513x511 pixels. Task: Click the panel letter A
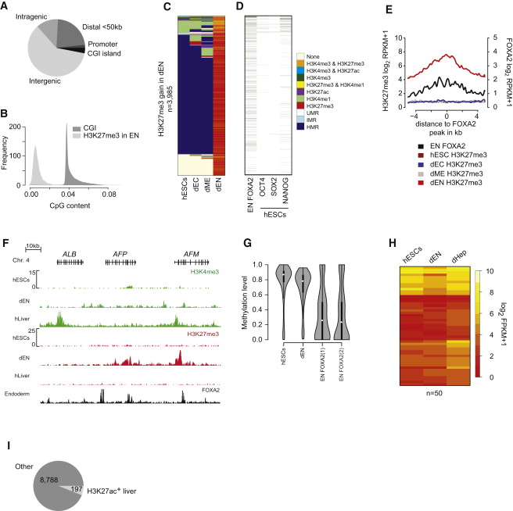pyautogui.click(x=5, y=6)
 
